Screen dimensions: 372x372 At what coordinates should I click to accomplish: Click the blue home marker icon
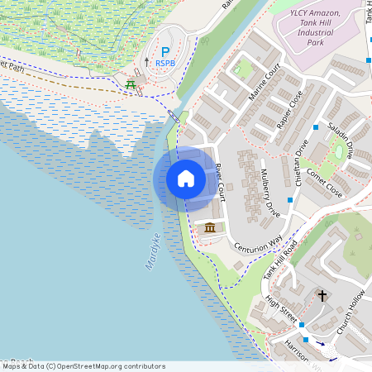point(186,179)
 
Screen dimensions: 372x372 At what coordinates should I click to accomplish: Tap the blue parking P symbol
point(165,51)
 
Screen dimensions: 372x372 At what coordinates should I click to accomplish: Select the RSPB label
point(165,64)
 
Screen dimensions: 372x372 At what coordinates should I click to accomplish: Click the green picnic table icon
point(130,83)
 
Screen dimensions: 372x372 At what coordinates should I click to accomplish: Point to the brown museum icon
point(210,227)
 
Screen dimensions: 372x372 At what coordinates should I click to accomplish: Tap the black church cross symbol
point(322,295)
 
